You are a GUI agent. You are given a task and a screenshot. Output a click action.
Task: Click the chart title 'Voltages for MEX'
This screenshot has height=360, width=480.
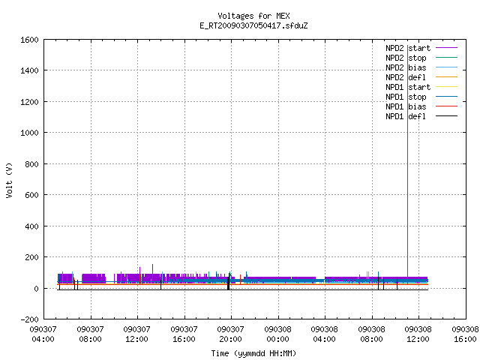[x=253, y=16]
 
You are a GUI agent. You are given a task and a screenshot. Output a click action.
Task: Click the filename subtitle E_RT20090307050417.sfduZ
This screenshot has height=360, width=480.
[x=253, y=25]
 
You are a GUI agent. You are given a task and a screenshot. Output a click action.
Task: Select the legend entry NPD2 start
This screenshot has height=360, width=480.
[x=421, y=48]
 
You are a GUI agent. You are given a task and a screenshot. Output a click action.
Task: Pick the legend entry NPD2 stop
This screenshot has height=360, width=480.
[x=421, y=58]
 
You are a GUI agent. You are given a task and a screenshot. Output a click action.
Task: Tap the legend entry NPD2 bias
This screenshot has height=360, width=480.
[x=421, y=67]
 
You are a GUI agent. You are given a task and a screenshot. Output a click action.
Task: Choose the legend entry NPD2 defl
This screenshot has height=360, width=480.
[x=421, y=77]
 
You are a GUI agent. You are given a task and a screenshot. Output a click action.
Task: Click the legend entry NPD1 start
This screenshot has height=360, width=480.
[x=421, y=87]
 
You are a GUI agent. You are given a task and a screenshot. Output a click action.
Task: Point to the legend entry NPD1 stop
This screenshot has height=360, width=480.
[x=421, y=97]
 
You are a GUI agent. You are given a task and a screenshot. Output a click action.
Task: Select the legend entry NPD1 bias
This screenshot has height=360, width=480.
[x=421, y=106]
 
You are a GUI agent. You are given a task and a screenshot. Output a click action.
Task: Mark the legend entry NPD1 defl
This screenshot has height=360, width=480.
[x=421, y=116]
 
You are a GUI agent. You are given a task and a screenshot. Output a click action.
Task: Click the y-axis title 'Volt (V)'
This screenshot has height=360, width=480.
[x=9, y=180]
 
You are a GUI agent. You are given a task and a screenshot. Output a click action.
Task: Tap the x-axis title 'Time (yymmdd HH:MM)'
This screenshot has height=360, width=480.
[x=253, y=353]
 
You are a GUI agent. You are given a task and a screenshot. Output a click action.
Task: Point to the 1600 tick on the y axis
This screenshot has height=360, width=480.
[x=29, y=40]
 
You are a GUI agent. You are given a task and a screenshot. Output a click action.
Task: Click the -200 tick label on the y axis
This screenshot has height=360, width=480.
[x=29, y=319]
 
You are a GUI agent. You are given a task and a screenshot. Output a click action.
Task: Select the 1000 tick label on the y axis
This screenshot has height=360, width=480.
[x=29, y=133]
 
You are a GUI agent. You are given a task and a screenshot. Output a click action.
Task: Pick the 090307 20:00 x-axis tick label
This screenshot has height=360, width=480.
[x=230, y=334]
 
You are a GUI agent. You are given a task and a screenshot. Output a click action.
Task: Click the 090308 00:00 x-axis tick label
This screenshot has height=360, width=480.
[x=277, y=334]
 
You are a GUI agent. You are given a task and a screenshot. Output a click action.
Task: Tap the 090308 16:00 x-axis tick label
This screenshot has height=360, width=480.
[x=465, y=334]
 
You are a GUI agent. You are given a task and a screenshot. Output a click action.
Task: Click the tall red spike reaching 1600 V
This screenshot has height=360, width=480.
[x=407, y=165]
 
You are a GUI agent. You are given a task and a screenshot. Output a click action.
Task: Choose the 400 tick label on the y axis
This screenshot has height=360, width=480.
[x=31, y=226]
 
